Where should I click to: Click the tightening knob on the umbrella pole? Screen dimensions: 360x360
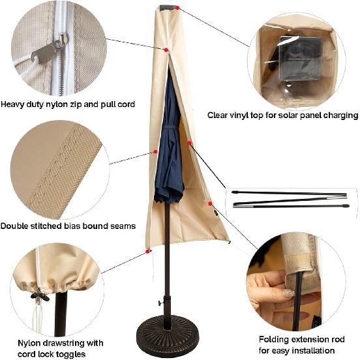click(x=158, y=304)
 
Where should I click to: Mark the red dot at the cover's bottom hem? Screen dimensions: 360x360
click(x=148, y=250)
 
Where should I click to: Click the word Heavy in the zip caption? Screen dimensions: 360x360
click(x=14, y=104)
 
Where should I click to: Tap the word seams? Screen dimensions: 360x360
click(x=121, y=226)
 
